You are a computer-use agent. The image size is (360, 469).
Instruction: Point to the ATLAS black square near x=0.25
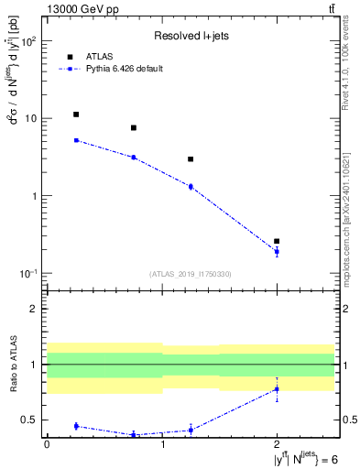coord(76,115)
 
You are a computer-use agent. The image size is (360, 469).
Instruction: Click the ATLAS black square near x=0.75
coord(134,128)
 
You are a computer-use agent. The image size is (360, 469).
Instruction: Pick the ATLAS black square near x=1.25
coord(191,159)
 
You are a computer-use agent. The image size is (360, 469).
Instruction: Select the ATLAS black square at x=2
coord(277,241)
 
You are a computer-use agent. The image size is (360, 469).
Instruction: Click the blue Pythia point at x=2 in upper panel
coord(277,251)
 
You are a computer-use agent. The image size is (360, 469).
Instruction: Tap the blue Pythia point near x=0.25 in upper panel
coord(76,140)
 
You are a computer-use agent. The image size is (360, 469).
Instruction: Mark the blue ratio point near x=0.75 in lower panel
coord(134,434)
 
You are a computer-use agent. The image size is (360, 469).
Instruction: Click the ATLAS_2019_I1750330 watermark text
coord(190,274)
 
